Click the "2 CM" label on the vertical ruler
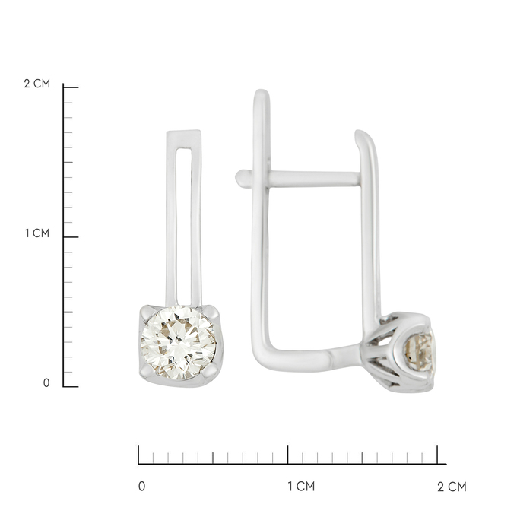(x=37, y=84)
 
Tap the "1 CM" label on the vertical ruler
(x=37, y=233)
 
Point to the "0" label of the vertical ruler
(x=46, y=383)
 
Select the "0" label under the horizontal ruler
(x=141, y=487)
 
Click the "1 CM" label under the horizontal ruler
(x=301, y=487)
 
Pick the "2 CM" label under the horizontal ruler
(x=452, y=487)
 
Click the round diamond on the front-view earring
(x=179, y=343)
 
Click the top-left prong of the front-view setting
(x=147, y=312)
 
